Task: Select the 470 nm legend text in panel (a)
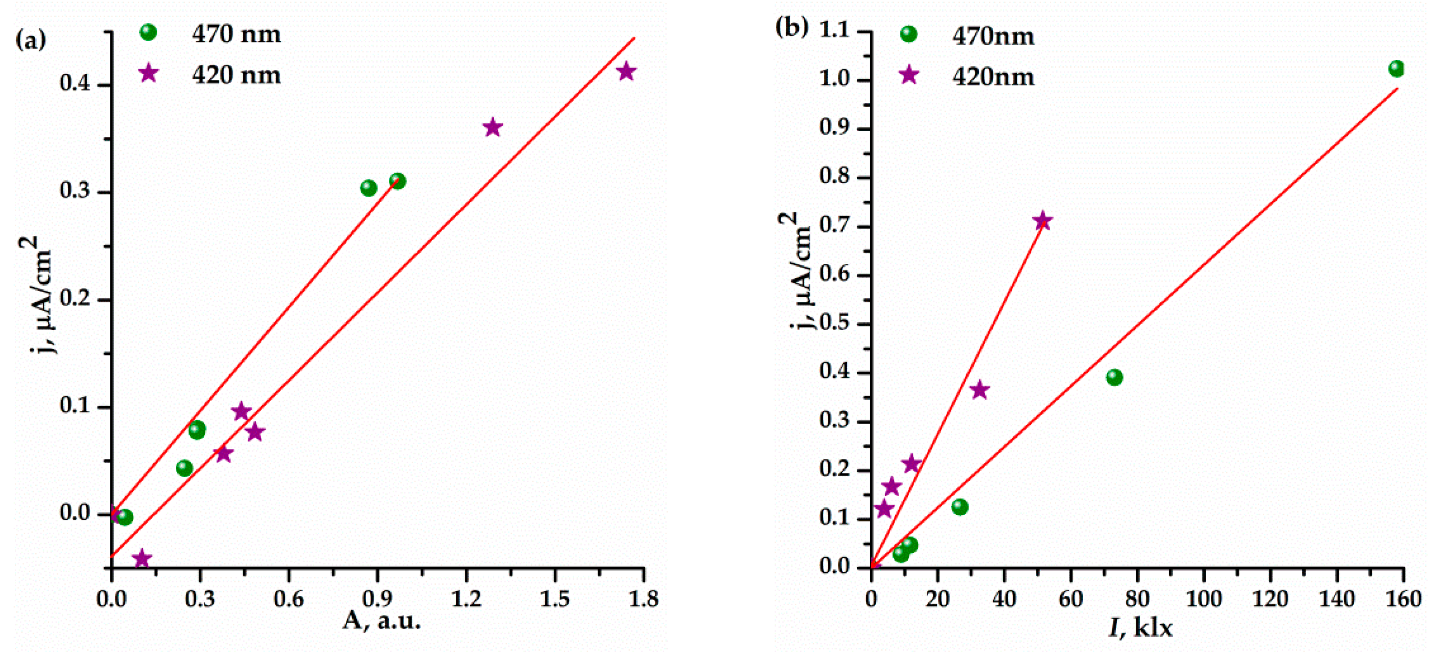tap(236, 34)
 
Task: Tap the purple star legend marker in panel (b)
tap(909, 75)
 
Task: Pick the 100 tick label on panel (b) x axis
tap(1203, 599)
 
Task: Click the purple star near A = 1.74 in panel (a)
tap(627, 71)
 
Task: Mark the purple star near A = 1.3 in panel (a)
tap(492, 128)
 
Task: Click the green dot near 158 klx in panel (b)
tap(1396, 69)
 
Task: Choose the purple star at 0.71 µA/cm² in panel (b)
tap(1042, 221)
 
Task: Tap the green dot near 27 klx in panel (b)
tap(959, 507)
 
